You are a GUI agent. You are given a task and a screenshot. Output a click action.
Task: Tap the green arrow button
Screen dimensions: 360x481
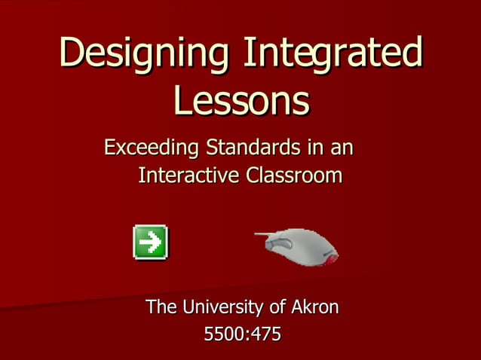point(150,242)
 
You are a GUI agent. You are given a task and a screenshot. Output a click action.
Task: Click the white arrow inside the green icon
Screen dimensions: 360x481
point(151,242)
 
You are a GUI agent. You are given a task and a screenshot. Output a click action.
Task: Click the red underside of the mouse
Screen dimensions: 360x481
point(329,258)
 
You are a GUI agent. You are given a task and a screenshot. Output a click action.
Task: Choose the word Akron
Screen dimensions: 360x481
point(314,307)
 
